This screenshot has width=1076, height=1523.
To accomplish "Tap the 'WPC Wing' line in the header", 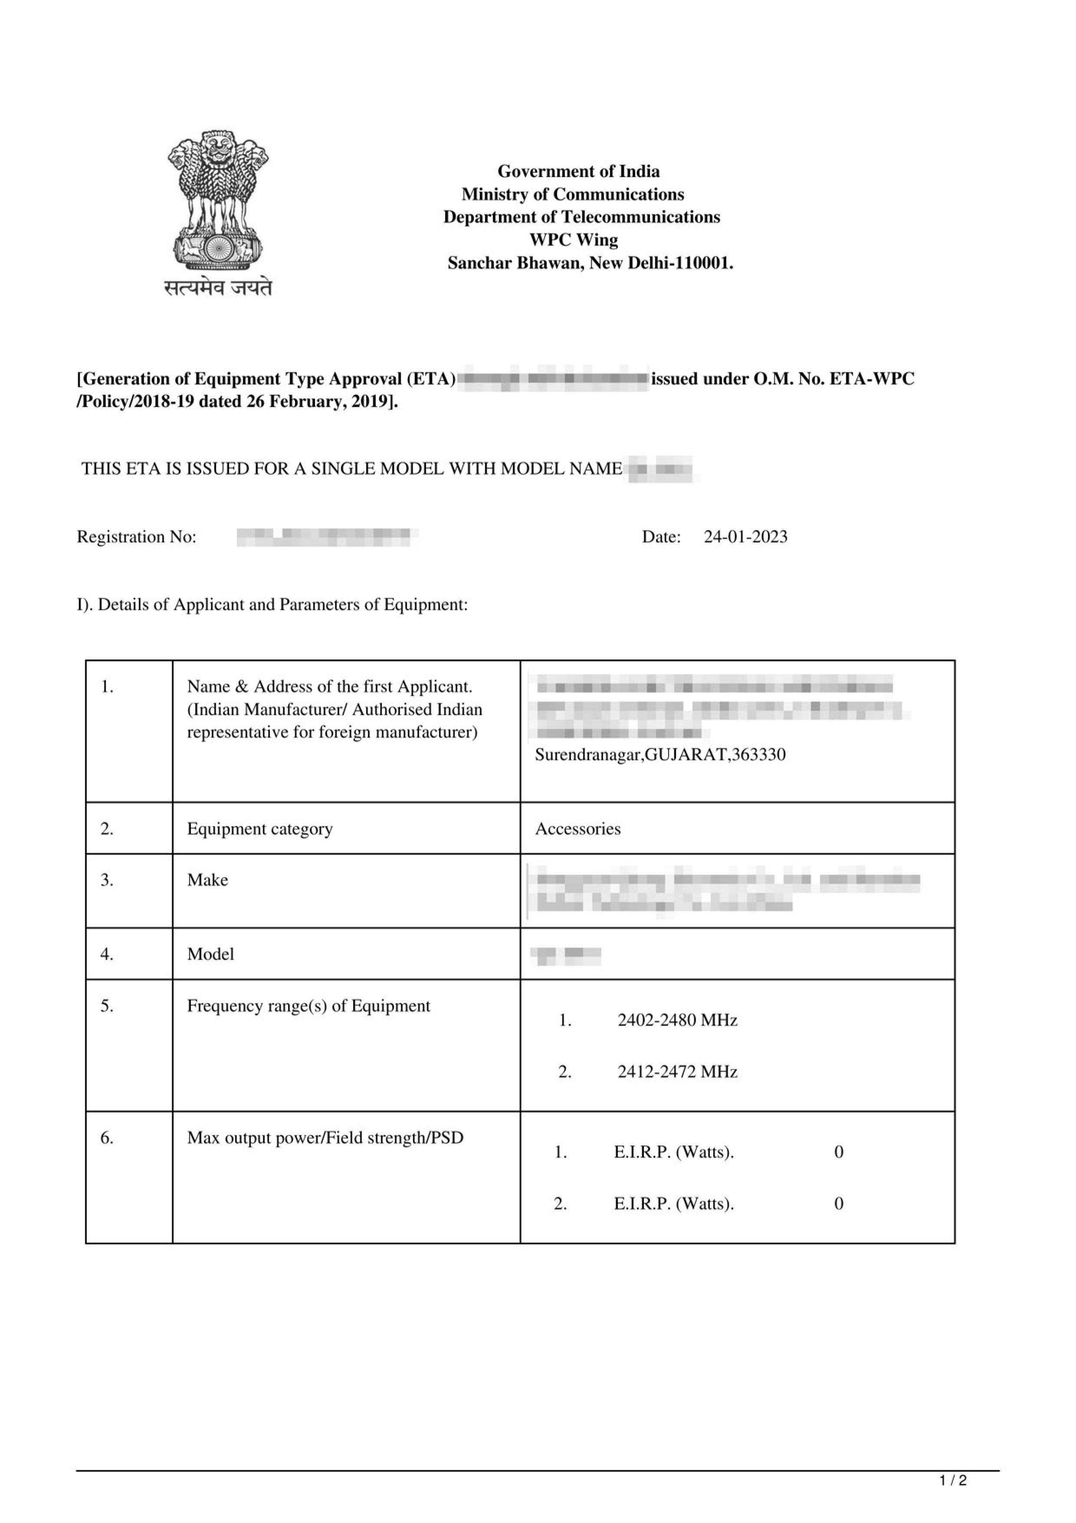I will point(574,240).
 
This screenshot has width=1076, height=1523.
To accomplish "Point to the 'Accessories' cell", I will point(577,829).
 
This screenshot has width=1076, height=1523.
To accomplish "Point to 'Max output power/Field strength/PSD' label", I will point(325,1138).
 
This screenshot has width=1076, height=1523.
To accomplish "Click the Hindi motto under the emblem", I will point(218,287).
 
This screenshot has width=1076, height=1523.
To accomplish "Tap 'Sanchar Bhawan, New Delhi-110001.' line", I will point(590,263).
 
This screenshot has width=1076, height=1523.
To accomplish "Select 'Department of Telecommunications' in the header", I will point(581,217).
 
